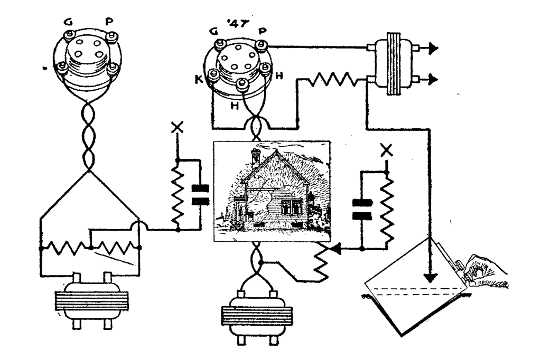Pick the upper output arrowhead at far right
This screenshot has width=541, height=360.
tap(433, 48)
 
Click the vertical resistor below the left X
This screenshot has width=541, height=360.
tap(178, 196)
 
